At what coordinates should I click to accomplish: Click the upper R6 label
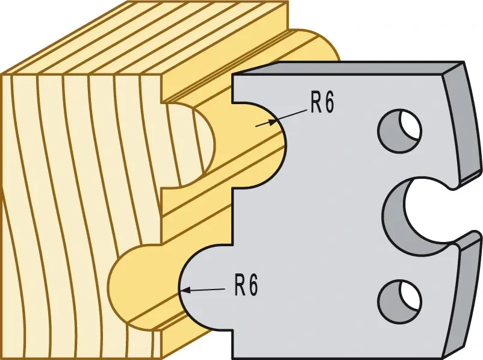[x=322, y=104]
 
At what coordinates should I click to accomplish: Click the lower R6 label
[x=246, y=285]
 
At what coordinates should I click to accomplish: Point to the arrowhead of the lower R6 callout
[x=184, y=290]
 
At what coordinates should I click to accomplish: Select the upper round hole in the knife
[x=399, y=131]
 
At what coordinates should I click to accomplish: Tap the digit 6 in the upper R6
[x=329, y=104]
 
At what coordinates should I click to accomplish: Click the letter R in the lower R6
[x=239, y=285]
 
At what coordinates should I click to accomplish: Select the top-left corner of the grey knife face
[x=234, y=75]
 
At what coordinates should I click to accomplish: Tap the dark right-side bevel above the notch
[x=461, y=123]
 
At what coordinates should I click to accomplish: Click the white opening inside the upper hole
[x=410, y=125]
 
